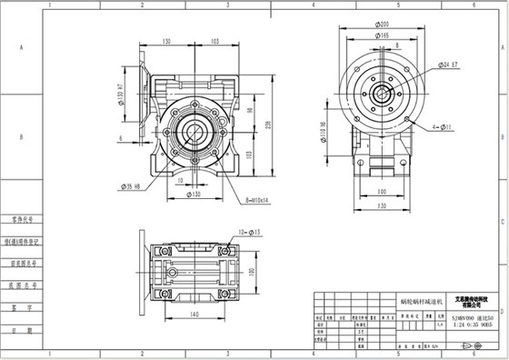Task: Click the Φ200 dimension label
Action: click(x=384, y=25)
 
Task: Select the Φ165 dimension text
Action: click(x=384, y=35)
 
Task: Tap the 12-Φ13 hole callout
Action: click(x=246, y=234)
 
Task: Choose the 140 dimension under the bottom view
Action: click(x=194, y=314)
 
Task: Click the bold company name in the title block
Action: click(x=457, y=301)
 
